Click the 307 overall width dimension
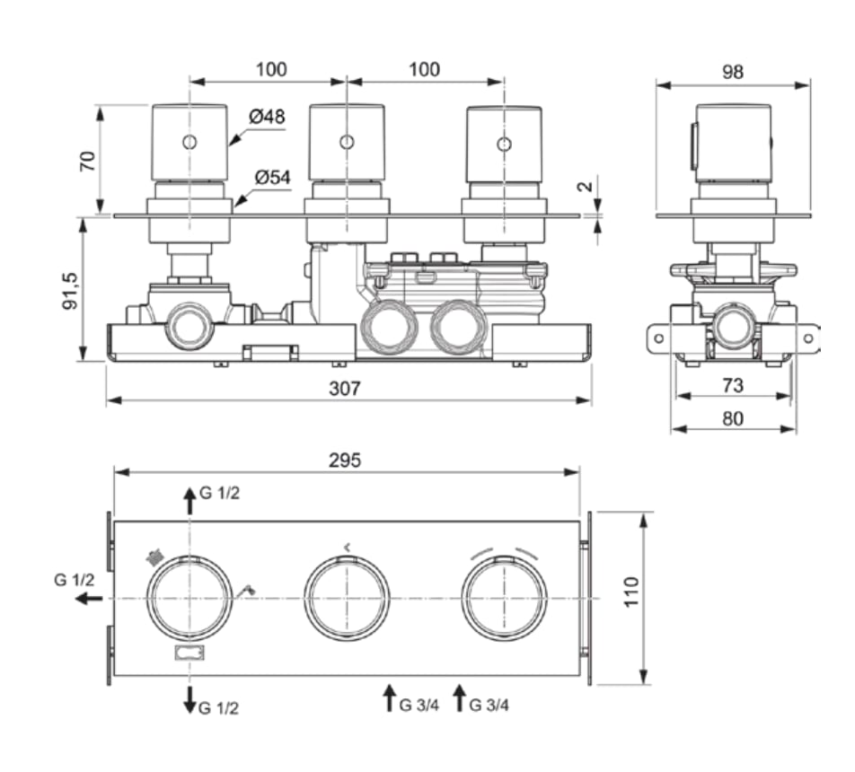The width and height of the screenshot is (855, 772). [345, 388]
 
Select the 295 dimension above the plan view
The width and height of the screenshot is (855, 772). [345, 461]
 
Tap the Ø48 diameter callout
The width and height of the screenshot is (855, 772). [268, 116]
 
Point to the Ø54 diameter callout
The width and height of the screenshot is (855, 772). [273, 177]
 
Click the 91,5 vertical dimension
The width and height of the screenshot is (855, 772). [70, 291]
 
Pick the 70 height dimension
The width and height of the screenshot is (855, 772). [88, 162]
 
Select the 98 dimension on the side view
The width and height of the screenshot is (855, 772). [732, 72]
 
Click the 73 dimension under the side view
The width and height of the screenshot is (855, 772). [732, 385]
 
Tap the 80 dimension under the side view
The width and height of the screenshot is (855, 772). [732, 418]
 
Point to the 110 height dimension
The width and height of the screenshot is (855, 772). [630, 592]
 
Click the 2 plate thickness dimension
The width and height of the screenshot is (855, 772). [585, 187]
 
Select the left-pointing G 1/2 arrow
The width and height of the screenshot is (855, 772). [88, 599]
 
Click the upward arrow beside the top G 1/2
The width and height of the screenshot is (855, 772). [190, 501]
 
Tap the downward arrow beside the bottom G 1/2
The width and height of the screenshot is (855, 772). [190, 699]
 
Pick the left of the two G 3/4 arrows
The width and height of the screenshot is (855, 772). [390, 697]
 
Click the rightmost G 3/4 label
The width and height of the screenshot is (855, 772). [489, 705]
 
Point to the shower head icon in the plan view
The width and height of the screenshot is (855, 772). [154, 557]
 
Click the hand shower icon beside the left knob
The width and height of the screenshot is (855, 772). [248, 590]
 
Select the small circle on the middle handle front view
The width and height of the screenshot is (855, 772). [347, 143]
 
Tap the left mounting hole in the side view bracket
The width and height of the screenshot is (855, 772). [658, 338]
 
